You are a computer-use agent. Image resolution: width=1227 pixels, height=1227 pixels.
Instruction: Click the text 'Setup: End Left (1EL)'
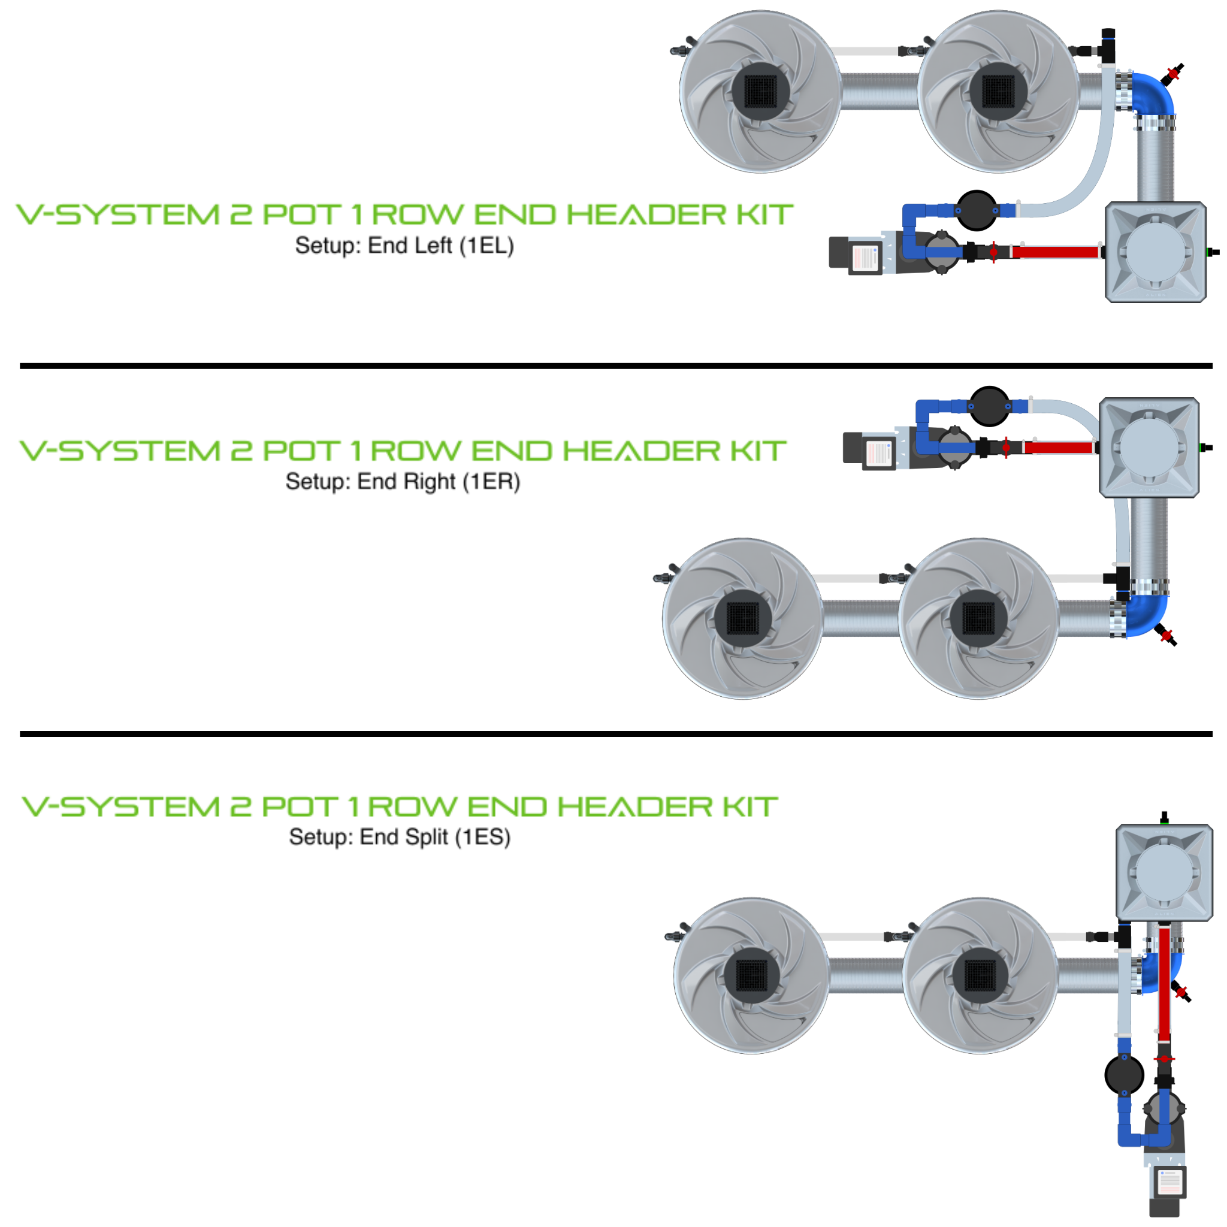coord(404,246)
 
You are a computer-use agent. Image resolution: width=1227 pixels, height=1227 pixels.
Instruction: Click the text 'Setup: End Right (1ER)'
coord(403,482)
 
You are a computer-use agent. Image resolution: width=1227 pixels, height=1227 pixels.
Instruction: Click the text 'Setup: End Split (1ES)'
coord(400,837)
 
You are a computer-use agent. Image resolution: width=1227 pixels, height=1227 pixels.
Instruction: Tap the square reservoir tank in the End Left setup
coord(1155,252)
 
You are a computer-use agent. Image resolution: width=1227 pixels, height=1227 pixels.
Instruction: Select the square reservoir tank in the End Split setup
coord(1164,872)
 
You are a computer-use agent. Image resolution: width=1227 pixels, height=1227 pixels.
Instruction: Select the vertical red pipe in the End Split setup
coord(1164,984)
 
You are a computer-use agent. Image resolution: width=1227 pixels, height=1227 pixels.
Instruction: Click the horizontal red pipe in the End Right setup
coord(1058,448)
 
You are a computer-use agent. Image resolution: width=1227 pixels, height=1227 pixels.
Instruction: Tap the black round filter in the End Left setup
coord(976,210)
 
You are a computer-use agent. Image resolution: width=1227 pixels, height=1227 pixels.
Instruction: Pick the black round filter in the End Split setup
coord(1124,1075)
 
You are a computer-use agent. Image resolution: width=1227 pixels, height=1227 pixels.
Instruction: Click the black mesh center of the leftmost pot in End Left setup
coord(760,92)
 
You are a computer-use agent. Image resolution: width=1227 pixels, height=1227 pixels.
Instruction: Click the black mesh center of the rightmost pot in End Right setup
coord(978,618)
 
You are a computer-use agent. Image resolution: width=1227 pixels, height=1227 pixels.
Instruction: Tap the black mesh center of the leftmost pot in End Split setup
coord(751,976)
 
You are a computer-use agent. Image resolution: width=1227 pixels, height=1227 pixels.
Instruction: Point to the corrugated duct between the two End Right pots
coord(860,618)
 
